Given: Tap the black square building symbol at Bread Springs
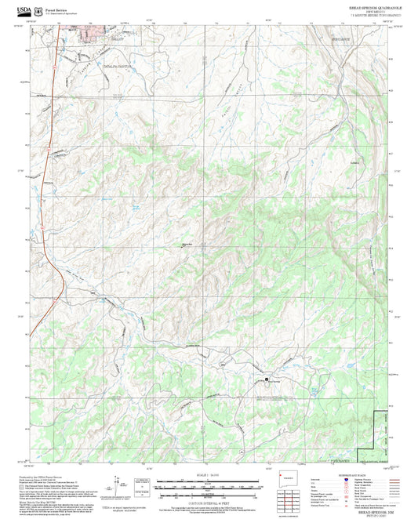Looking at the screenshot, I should [267, 379].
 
